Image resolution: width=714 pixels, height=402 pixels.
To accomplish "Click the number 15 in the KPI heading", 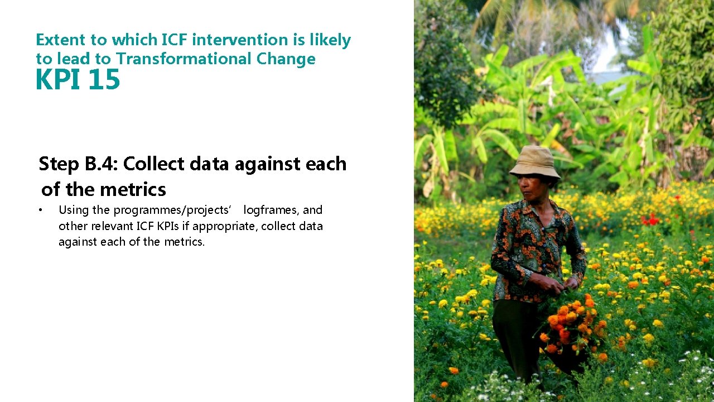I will (x=104, y=80).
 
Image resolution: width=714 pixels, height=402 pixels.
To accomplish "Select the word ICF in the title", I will (x=174, y=40).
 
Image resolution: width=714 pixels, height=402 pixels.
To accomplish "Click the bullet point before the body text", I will (x=40, y=210).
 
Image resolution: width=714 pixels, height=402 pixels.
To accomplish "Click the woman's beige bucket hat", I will (x=535, y=162).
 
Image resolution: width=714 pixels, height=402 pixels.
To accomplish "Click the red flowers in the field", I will (x=650, y=219).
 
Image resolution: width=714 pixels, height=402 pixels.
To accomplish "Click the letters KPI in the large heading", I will (x=58, y=80).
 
